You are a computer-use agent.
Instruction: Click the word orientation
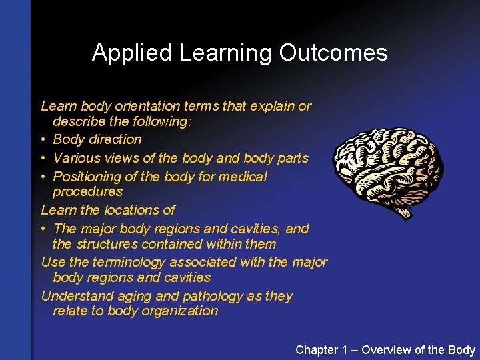tap(147, 106)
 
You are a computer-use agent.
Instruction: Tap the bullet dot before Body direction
tap(44, 140)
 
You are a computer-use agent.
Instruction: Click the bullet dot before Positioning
tap(44, 177)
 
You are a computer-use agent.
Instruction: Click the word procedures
tap(87, 192)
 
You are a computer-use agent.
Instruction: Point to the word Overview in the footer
tap(388, 350)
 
